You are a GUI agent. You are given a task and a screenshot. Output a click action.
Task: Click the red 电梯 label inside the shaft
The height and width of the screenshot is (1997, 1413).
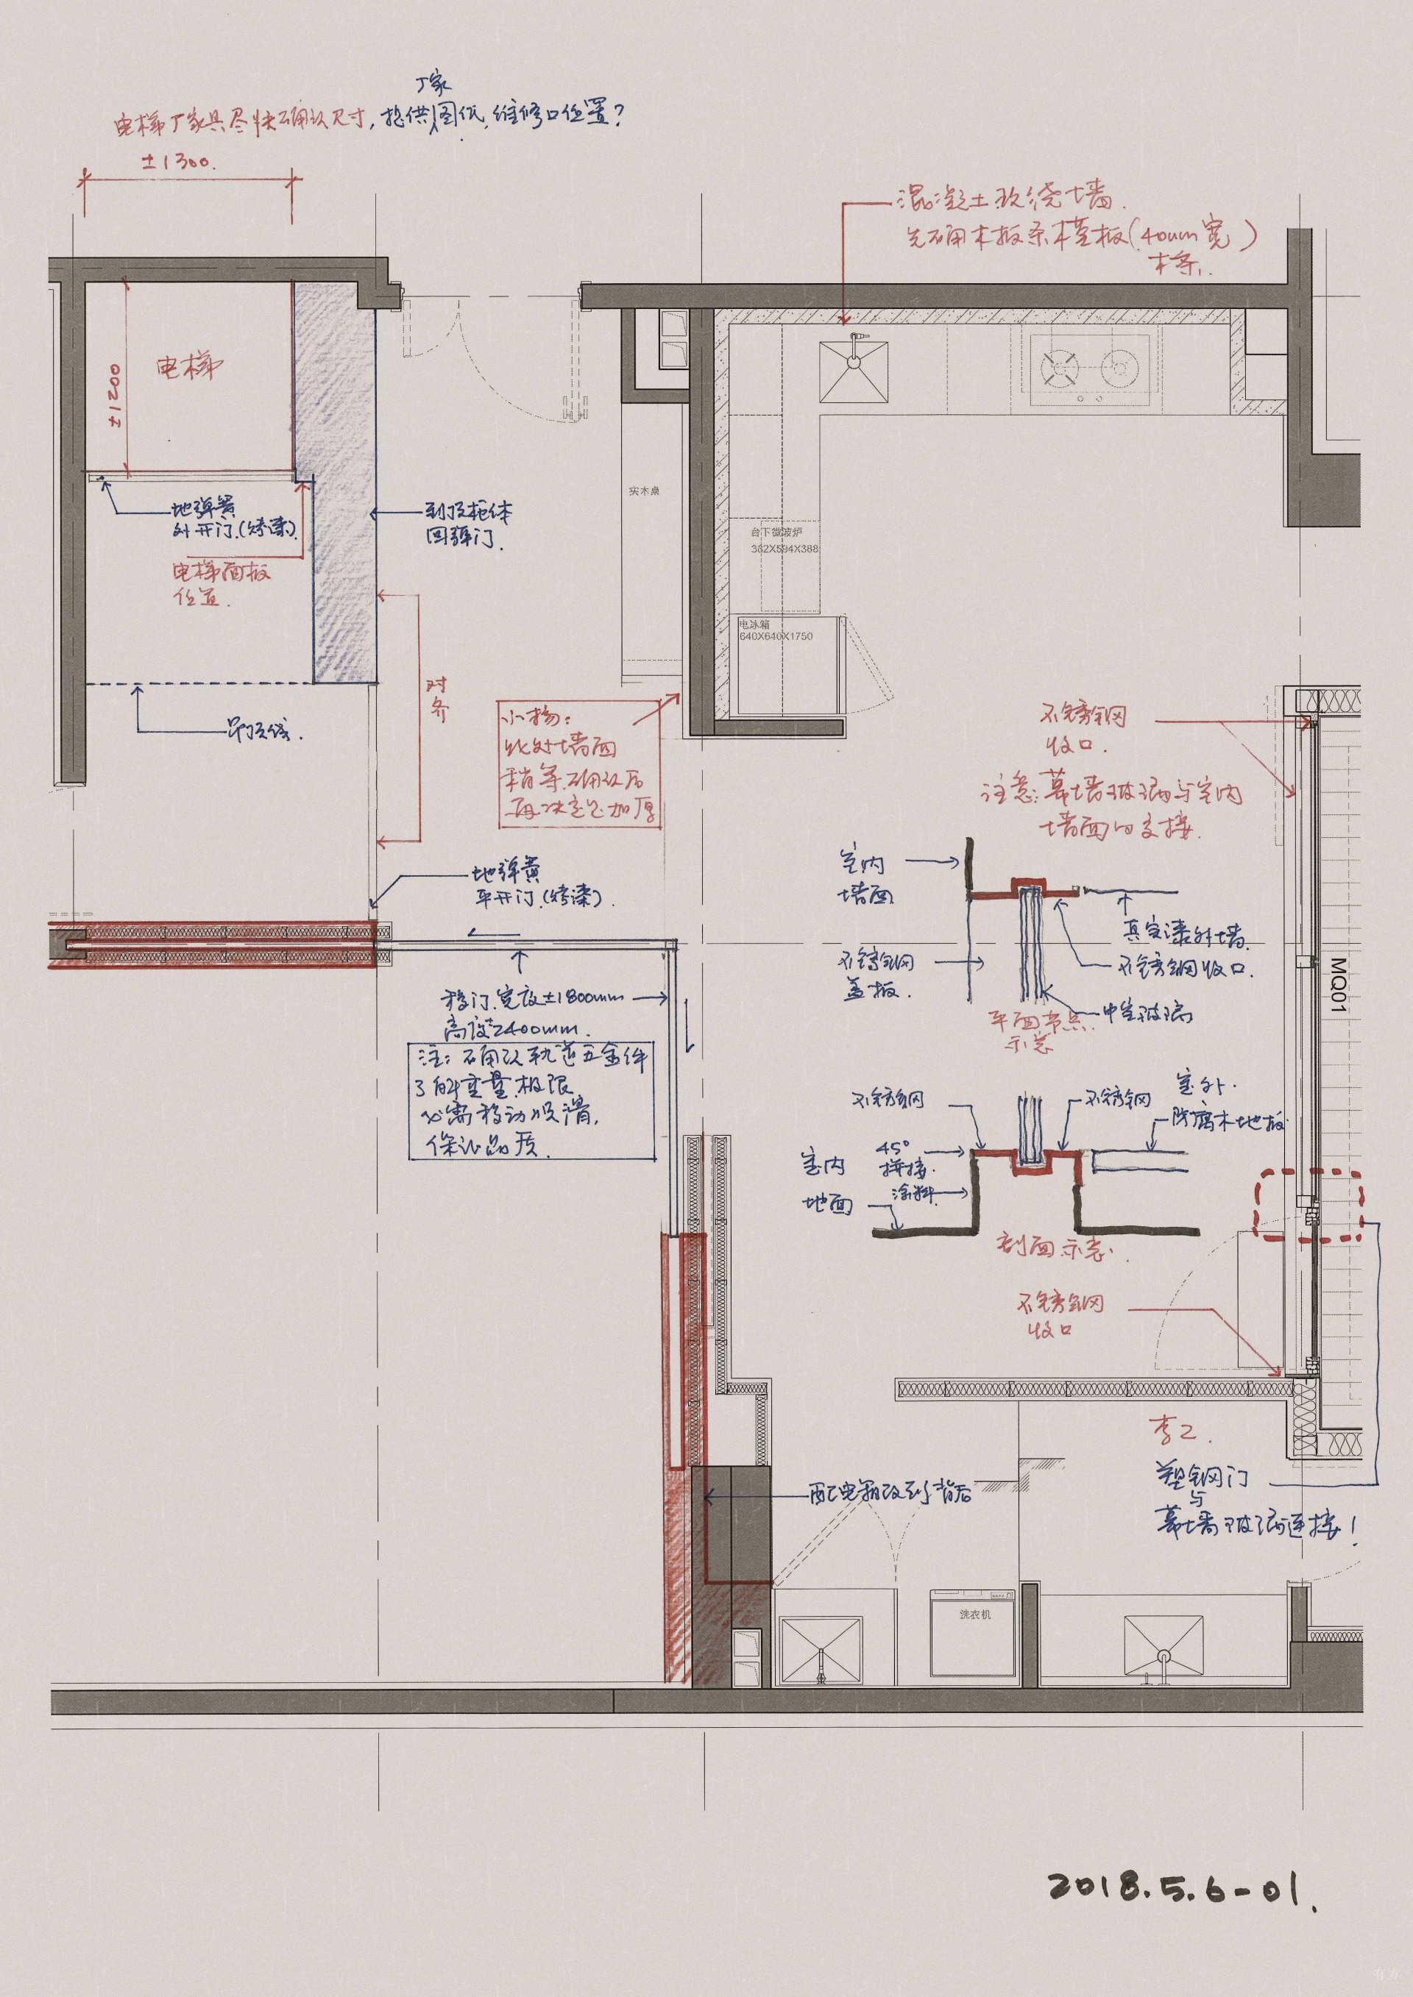pyautogui.click(x=189, y=366)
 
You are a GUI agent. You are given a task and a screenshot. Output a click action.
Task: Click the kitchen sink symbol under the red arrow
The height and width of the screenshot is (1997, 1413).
pyautogui.click(x=854, y=371)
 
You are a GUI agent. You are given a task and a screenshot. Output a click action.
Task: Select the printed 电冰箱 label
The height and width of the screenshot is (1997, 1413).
pyautogui.click(x=754, y=624)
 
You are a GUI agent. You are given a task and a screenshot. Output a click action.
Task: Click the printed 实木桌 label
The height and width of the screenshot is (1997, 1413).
pyautogui.click(x=644, y=491)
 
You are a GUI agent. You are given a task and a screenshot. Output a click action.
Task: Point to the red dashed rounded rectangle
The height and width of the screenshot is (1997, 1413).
pyautogui.click(x=1308, y=1205)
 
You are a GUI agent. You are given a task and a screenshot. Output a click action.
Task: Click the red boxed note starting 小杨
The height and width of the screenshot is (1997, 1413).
pyautogui.click(x=578, y=763)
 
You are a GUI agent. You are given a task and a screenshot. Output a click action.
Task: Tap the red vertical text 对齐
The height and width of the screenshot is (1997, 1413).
pyautogui.click(x=439, y=700)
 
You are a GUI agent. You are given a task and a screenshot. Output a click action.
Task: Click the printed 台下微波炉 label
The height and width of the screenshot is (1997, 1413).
pyautogui.click(x=776, y=532)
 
